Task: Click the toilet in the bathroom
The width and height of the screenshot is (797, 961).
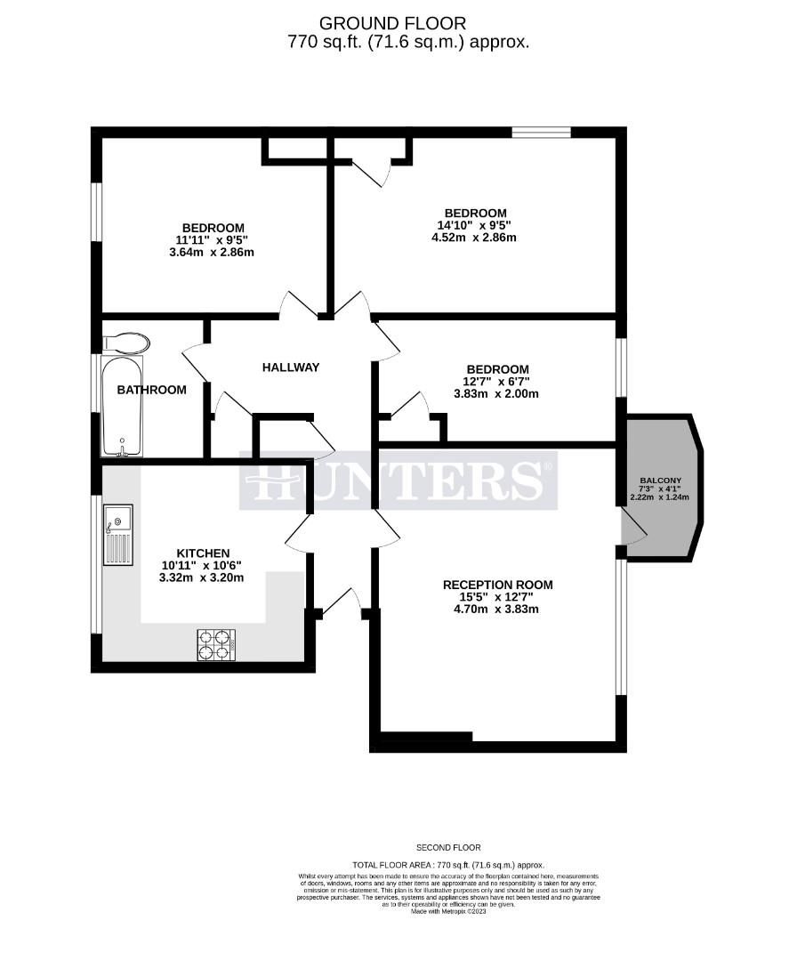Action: coord(126,343)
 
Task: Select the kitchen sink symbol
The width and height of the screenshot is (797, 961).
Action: coord(117,534)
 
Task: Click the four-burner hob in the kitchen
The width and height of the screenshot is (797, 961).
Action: coord(216,645)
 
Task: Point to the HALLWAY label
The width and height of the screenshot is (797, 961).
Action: coord(290,367)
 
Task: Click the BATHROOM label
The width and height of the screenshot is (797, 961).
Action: coord(152,390)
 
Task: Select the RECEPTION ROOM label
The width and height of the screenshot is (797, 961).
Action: coord(498,585)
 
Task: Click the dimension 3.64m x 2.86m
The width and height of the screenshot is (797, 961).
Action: coord(213,252)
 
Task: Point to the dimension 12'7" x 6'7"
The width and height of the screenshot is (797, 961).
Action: coord(497,382)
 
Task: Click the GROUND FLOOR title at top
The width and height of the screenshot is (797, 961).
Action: coord(391,23)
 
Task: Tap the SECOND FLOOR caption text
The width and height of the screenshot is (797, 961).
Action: coord(448,848)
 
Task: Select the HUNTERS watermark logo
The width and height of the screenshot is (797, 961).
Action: coord(398,481)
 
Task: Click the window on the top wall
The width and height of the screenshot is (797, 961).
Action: coord(541,133)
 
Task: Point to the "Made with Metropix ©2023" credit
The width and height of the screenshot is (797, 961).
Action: coord(448,910)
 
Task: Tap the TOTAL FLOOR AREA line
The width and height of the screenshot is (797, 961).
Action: coord(448,865)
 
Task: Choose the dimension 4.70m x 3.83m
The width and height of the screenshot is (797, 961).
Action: coord(498,610)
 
